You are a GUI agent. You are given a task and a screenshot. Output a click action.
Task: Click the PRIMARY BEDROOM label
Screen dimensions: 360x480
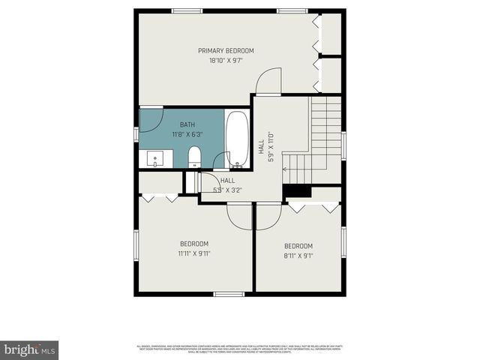pyautogui.click(x=226, y=51)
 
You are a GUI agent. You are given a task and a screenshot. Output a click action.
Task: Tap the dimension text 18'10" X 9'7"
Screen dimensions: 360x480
pyautogui.click(x=226, y=61)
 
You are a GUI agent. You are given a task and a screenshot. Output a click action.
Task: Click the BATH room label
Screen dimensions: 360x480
pyautogui.click(x=188, y=124)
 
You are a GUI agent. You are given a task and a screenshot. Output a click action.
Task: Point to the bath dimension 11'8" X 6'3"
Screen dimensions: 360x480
pyautogui.click(x=188, y=134)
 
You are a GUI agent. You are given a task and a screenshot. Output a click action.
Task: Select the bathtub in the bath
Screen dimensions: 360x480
pyautogui.click(x=237, y=139)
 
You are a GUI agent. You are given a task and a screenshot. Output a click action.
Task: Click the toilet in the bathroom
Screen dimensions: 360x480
pyautogui.click(x=194, y=156)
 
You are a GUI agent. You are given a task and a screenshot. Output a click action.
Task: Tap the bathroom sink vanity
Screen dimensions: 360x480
pyautogui.click(x=155, y=158)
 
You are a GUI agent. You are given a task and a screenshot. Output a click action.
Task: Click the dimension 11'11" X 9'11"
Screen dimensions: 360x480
pyautogui.click(x=193, y=253)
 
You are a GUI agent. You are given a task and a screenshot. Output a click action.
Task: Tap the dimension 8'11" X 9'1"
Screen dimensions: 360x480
pyautogui.click(x=298, y=256)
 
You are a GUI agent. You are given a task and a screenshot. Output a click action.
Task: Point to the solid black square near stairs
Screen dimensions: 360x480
pyautogui.click(x=297, y=191)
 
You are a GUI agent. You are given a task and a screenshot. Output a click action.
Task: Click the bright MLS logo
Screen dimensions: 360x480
pyautogui.click(x=29, y=349)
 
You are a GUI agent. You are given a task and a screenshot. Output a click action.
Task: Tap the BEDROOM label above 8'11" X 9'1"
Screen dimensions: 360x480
pyautogui.click(x=298, y=246)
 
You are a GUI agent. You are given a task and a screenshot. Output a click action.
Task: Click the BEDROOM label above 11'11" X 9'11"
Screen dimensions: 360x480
pyautogui.click(x=193, y=244)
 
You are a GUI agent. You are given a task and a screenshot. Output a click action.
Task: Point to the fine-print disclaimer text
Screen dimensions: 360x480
pyautogui.click(x=240, y=348)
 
